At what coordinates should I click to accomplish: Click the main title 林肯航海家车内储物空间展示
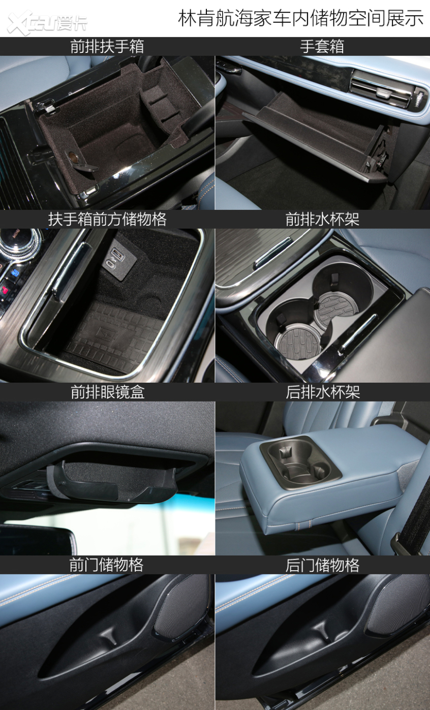click(x=301, y=18)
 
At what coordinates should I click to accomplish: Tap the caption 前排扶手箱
click(x=107, y=47)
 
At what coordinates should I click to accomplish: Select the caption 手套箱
click(x=322, y=47)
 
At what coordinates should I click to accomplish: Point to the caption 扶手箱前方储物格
click(x=107, y=220)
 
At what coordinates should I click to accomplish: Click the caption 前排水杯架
click(x=322, y=220)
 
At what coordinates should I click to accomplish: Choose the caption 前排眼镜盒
click(x=107, y=392)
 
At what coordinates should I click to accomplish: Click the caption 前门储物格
click(x=106, y=565)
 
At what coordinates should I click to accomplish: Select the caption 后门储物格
click(x=322, y=565)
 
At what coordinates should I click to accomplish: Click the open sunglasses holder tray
click(x=112, y=481)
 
